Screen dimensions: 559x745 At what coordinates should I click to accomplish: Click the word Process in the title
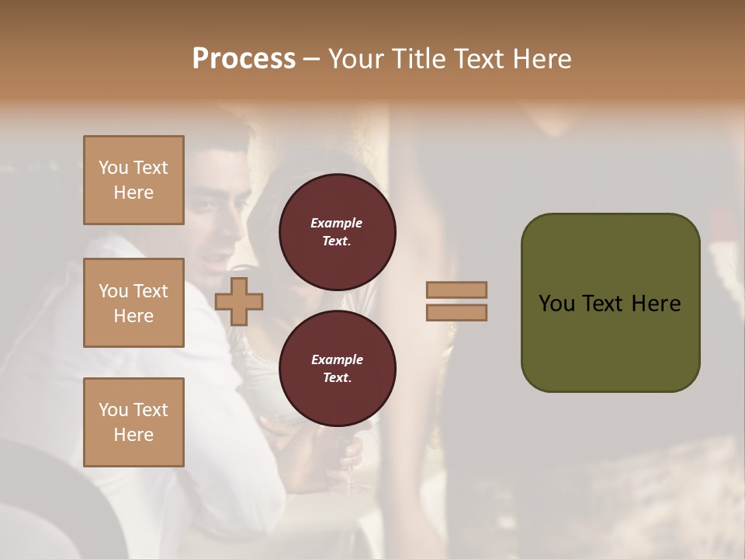(x=244, y=59)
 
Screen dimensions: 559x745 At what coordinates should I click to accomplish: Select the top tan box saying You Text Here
(x=133, y=180)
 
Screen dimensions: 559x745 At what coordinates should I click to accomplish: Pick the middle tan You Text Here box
(x=133, y=303)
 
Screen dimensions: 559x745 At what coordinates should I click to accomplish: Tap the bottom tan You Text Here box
(x=133, y=422)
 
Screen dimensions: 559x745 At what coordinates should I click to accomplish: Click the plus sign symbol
(x=239, y=301)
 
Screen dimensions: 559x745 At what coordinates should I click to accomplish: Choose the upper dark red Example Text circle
(x=337, y=232)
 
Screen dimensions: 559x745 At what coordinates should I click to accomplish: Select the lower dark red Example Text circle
(x=337, y=369)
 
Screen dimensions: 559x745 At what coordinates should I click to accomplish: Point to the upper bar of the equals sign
(x=457, y=290)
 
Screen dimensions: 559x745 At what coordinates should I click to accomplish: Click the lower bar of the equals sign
(x=457, y=312)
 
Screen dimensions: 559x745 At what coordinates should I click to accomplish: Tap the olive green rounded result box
(x=610, y=303)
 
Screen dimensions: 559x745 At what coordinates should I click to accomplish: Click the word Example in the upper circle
(x=337, y=224)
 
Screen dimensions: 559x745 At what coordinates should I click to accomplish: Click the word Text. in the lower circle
(x=337, y=378)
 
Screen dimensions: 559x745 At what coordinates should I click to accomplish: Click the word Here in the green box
(x=656, y=304)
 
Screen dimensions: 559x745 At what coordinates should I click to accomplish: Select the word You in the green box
(x=556, y=304)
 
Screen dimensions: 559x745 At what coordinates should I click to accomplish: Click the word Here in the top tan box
(x=133, y=193)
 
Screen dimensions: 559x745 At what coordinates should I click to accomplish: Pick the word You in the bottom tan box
(x=113, y=410)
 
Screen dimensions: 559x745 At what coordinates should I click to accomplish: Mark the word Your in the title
(x=356, y=59)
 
